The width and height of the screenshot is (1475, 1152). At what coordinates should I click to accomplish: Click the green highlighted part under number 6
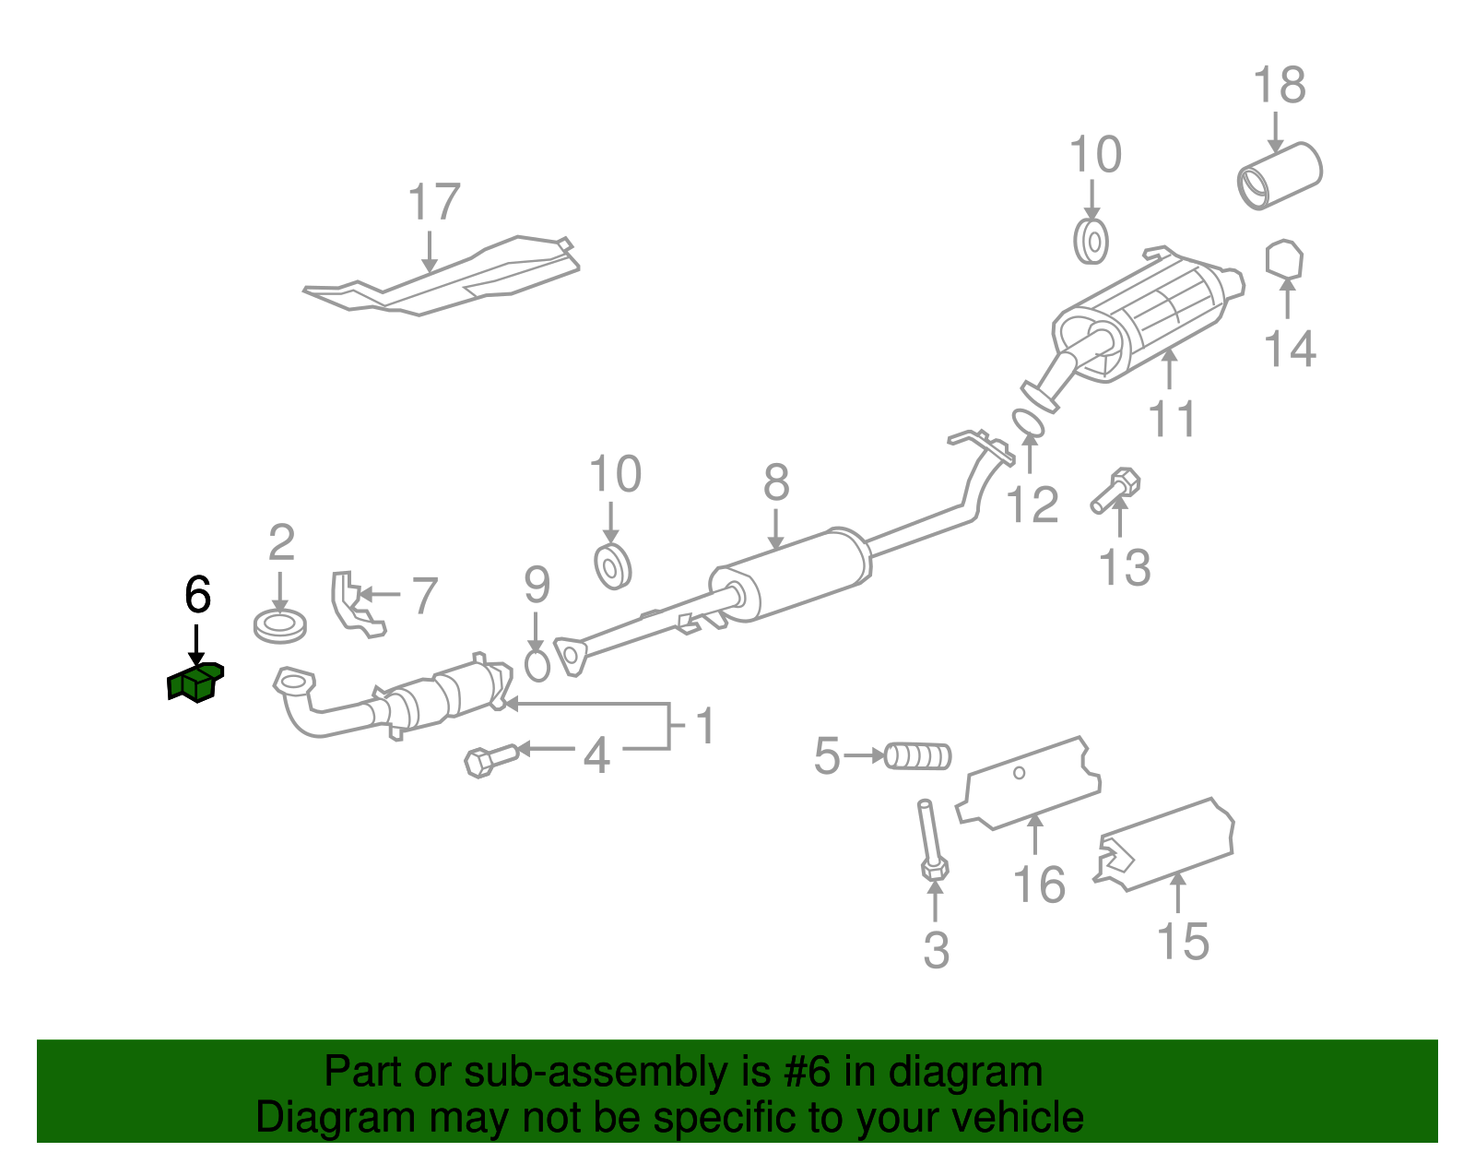coord(195,683)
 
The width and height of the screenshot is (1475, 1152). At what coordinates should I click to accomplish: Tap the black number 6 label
coord(197,595)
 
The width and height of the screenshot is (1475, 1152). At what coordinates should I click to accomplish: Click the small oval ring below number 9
coord(537,664)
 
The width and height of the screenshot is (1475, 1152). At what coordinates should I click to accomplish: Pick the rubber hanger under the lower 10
coord(612,565)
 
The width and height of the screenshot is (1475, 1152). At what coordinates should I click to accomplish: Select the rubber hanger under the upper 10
coord(1091,242)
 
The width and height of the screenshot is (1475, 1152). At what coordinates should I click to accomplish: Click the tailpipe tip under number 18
coord(1280,175)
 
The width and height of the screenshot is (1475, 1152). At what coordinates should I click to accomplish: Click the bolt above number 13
coord(1115,491)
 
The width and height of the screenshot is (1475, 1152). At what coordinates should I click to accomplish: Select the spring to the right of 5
coord(918,756)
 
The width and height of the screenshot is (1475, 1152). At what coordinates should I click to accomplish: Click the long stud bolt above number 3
coord(929,839)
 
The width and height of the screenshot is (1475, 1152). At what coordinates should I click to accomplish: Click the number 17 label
coord(433,202)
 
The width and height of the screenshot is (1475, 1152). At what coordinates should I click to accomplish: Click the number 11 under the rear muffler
coord(1172,419)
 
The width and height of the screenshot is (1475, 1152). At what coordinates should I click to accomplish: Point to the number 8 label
coord(776,482)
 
